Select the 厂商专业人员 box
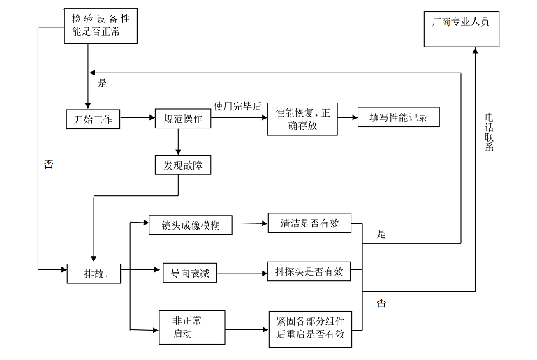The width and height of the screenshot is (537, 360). (461, 29)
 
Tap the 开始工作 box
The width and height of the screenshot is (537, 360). (93, 119)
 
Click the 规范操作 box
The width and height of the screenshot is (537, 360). (182, 119)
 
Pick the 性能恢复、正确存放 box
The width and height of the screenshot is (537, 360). (302, 119)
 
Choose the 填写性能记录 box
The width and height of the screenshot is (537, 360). (399, 117)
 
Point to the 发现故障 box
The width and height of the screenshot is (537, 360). (182, 165)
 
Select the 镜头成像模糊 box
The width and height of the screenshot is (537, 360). (191, 225)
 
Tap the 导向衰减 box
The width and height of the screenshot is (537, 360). (186, 273)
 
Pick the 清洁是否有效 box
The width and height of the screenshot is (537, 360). (309, 224)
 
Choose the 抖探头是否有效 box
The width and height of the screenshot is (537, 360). (309, 272)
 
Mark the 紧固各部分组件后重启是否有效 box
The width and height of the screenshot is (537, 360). (310, 328)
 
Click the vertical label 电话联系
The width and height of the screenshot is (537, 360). (490, 133)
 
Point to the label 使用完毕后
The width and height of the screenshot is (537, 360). (237, 106)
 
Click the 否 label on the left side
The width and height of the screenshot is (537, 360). (48, 165)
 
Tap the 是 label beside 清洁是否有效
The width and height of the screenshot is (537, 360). (381, 234)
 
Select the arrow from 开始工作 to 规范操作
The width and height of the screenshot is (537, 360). (138, 119)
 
